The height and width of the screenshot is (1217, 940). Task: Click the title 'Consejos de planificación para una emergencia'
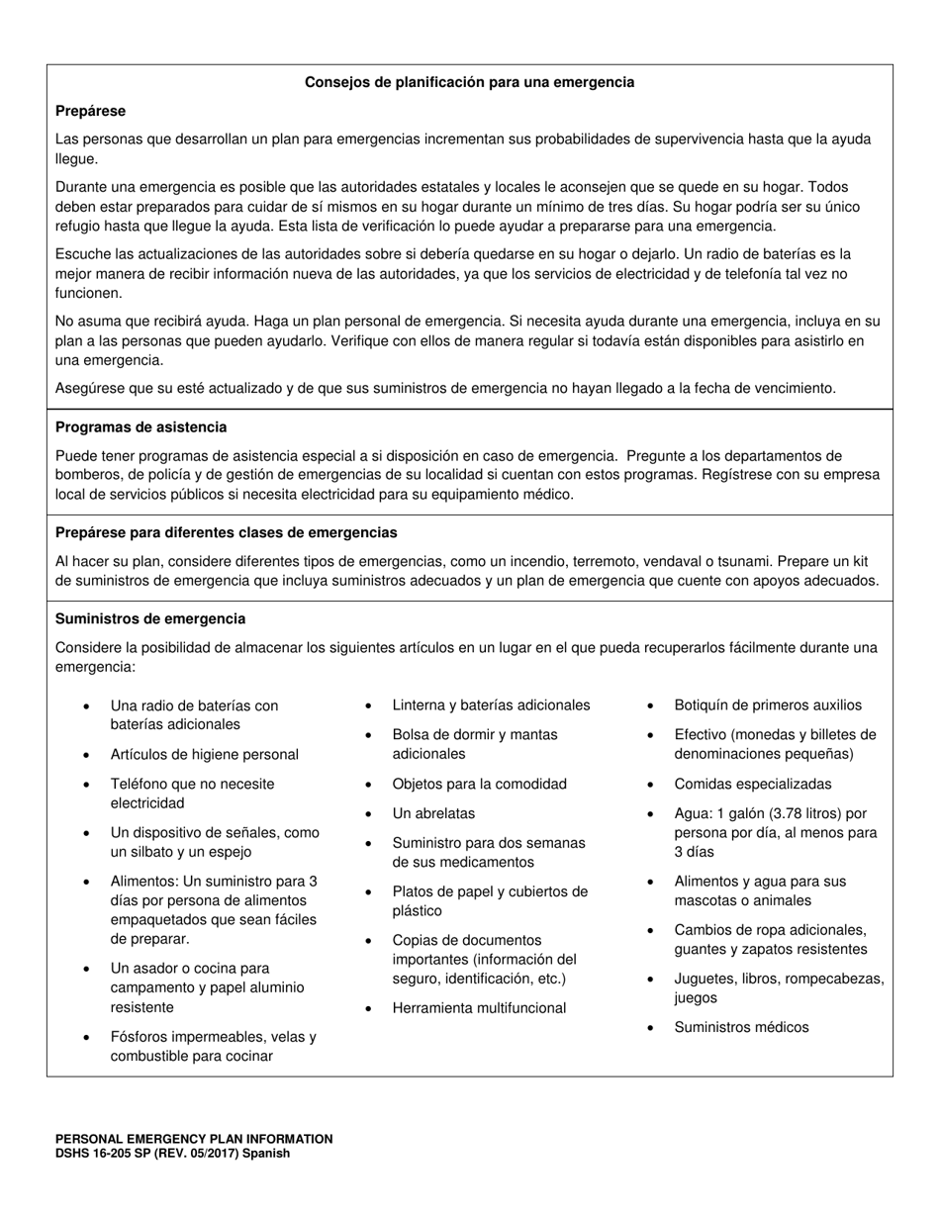[469, 82]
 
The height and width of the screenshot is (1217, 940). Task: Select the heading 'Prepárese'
[90, 111]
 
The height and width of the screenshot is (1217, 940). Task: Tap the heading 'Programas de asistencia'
[141, 427]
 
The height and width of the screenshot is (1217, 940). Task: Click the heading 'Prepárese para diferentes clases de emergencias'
[226, 532]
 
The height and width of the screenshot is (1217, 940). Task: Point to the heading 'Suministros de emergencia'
[150, 618]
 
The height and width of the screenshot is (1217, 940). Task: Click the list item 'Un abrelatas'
[433, 813]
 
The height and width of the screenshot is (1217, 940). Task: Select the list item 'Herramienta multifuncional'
[479, 1008]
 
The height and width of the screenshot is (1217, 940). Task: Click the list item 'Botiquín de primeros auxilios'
[768, 705]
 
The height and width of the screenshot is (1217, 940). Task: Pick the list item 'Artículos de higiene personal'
[205, 755]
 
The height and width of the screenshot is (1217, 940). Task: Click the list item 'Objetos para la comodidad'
[480, 784]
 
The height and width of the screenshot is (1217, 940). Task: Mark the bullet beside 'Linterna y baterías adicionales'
[368, 706]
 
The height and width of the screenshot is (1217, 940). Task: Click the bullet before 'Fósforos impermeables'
[87, 1038]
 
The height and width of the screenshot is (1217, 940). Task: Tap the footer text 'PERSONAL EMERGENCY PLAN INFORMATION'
[194, 1139]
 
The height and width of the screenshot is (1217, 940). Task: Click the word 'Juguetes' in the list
[704, 979]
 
